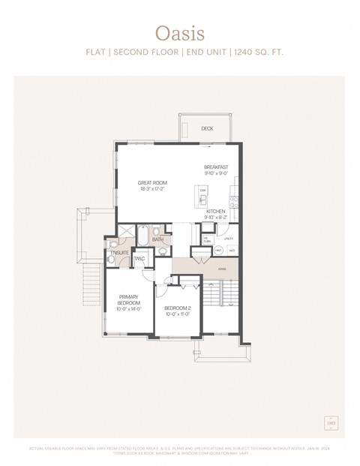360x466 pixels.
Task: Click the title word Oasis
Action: pyautogui.click(x=179, y=33)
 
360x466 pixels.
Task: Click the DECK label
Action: pyautogui.click(x=207, y=128)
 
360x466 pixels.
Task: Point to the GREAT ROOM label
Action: pyautogui.click(x=152, y=182)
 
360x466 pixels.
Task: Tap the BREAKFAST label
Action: pyautogui.click(x=216, y=167)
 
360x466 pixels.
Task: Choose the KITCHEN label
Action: pyautogui.click(x=216, y=212)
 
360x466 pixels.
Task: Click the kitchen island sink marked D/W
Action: pyautogui.click(x=203, y=191)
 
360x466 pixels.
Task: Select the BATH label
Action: pyautogui.click(x=158, y=240)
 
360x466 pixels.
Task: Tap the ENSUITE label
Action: pyautogui.click(x=119, y=253)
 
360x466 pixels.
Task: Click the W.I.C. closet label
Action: pyautogui.click(x=139, y=259)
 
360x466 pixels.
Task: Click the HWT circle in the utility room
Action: pyautogui.click(x=218, y=250)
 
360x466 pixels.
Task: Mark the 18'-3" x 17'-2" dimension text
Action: pyautogui.click(x=152, y=189)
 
